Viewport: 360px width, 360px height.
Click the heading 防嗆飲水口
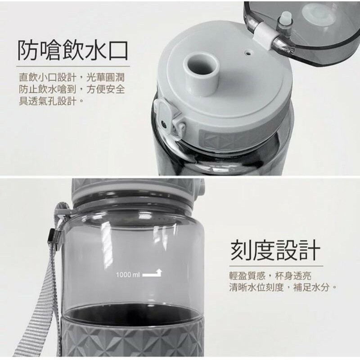[x=72, y=50]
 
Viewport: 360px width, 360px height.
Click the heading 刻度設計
[x=275, y=250]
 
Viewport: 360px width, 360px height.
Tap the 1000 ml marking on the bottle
[x=128, y=274]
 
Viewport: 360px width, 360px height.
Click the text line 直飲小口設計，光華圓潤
[x=72, y=77]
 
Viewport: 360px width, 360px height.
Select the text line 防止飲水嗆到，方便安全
[x=72, y=89]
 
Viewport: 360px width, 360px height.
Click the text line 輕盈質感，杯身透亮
[x=270, y=276]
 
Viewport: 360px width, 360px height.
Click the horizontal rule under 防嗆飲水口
[x=73, y=66]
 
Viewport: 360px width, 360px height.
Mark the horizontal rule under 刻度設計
[x=276, y=266]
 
